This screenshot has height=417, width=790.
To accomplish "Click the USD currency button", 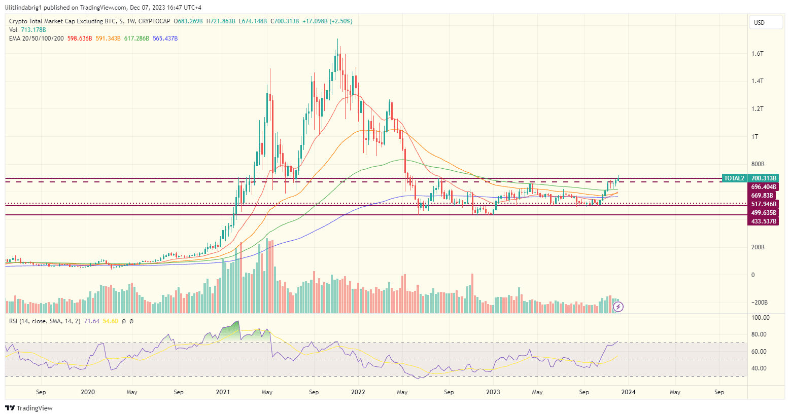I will coord(765,23).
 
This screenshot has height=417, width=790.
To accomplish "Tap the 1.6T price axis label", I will coord(758,54).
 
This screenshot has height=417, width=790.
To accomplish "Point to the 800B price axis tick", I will coord(758,164).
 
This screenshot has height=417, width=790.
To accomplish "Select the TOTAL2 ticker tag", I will coord(734,178).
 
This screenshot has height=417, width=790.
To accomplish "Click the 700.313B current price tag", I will coord(764,178).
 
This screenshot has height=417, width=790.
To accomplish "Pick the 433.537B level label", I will coord(764,221).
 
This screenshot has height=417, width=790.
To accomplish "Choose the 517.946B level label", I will coord(764,204).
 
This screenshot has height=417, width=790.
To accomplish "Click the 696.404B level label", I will coord(764,187).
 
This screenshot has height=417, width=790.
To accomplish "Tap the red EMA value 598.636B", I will coord(80,39).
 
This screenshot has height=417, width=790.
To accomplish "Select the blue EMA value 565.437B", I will coord(165,39).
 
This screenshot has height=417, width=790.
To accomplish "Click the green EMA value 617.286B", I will coord(136,39).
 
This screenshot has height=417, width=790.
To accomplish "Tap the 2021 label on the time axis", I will coord(223,392).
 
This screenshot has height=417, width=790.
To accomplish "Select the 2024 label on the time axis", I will coord(628,392).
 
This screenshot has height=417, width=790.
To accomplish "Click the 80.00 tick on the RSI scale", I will coord(759,334).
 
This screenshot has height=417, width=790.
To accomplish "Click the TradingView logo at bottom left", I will coord(29,408).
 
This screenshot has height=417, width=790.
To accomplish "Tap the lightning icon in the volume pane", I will coord(619,307).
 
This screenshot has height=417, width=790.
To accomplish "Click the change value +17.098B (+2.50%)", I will coord(327,21).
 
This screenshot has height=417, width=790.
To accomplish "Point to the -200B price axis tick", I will coord(759,302).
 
